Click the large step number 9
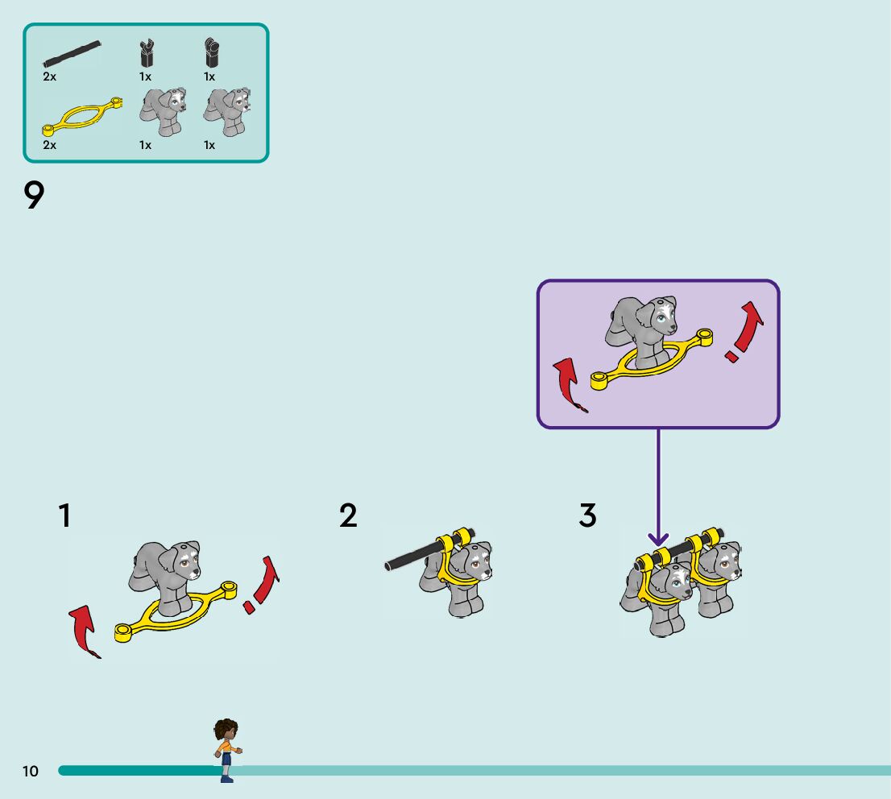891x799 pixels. (x=34, y=196)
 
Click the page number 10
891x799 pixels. (x=30, y=771)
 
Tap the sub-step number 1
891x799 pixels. (x=64, y=515)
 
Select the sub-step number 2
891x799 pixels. (x=348, y=515)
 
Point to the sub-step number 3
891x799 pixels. (x=587, y=515)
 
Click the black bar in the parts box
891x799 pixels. (x=72, y=53)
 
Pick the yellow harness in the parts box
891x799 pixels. (x=82, y=117)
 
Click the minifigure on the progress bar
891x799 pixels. (x=227, y=750)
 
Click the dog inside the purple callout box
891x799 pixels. (x=642, y=332)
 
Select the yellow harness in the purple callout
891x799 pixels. (x=651, y=359)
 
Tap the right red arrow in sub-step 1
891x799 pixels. (x=261, y=585)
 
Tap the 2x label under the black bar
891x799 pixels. (x=49, y=77)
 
